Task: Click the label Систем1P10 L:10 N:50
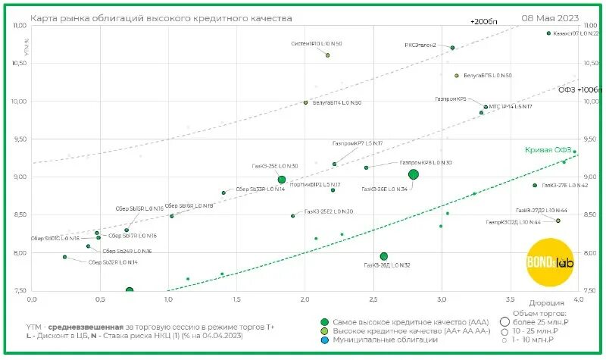coord(316,44)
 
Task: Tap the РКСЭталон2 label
coord(420,45)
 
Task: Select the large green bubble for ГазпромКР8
coord(414,174)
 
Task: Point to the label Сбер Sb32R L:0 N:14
coord(113,262)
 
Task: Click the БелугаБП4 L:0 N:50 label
coord(337,102)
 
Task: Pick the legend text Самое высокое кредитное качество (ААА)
coord(401,322)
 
